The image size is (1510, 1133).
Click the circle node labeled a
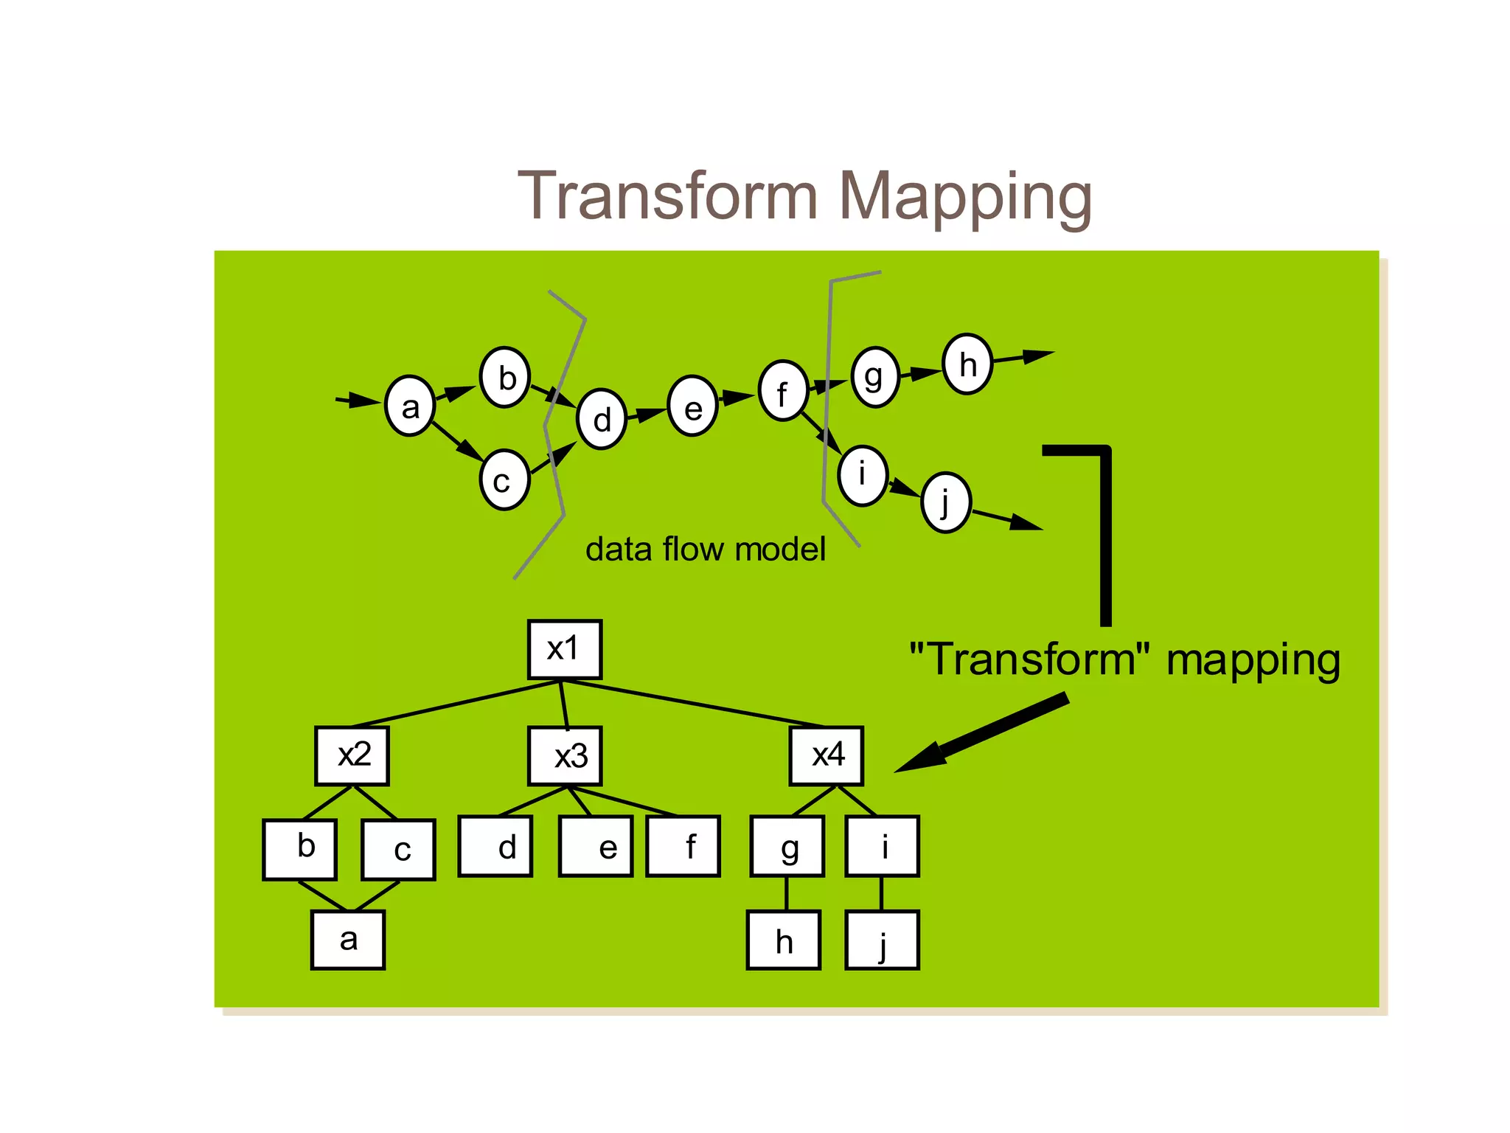410,406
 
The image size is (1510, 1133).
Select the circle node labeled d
602,419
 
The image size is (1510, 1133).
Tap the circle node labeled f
783,391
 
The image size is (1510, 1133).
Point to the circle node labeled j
945,502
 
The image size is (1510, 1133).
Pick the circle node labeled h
967,364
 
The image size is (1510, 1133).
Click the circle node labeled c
504,480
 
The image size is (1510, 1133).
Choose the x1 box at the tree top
565,649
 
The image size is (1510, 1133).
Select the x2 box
352,755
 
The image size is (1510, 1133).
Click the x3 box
565,755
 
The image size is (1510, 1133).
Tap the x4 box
826,755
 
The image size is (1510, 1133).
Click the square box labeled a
348,940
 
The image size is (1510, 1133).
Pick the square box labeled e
596,846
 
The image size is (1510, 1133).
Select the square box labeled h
784,940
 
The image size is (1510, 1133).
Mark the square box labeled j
882,940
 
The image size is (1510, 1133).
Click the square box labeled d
495,846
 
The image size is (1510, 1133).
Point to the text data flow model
705,550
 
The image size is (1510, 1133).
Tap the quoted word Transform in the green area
1029,659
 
